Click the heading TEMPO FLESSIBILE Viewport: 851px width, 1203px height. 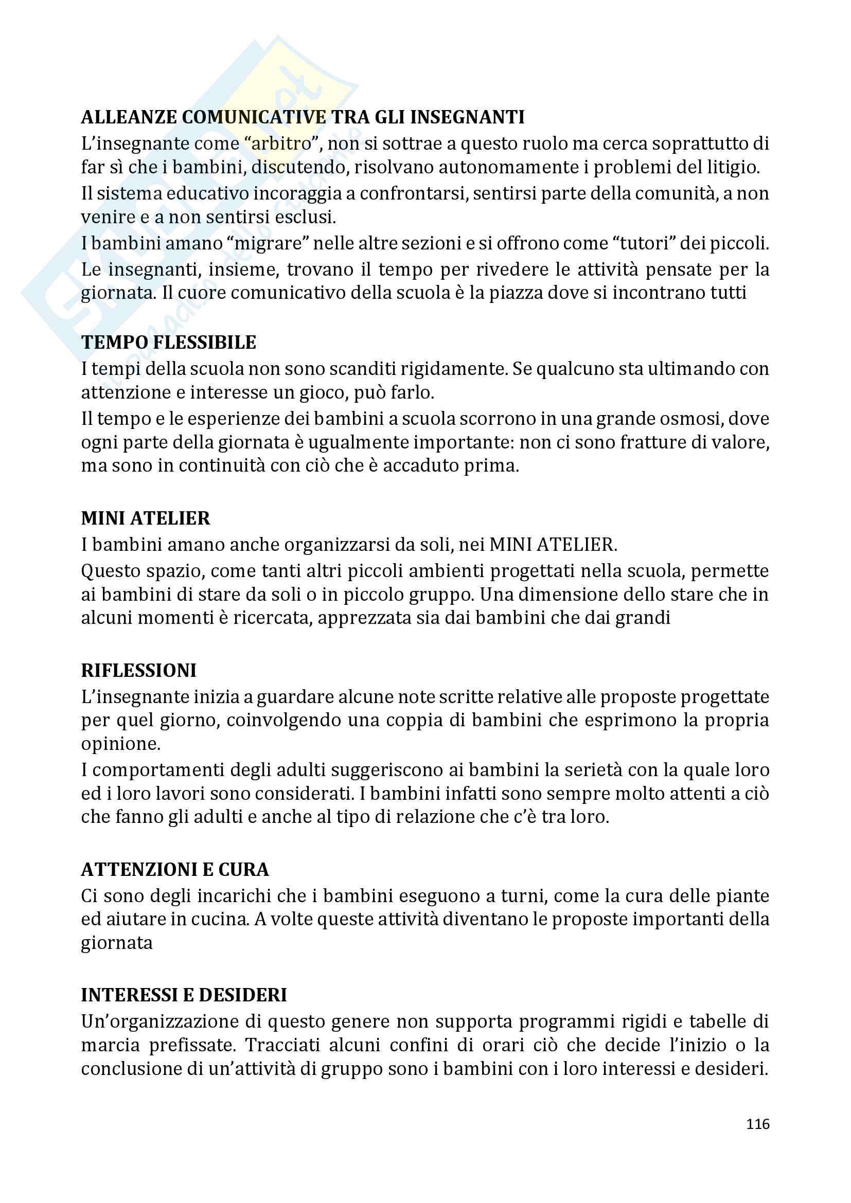tap(168, 342)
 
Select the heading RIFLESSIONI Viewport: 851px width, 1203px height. tap(138, 670)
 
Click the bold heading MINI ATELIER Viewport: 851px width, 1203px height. tap(145, 518)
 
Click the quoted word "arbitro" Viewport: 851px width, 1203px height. tap(281, 143)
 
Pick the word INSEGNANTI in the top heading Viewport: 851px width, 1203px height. tap(467, 117)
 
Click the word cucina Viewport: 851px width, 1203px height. tap(220, 919)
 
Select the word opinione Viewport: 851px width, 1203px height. tap(120, 744)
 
